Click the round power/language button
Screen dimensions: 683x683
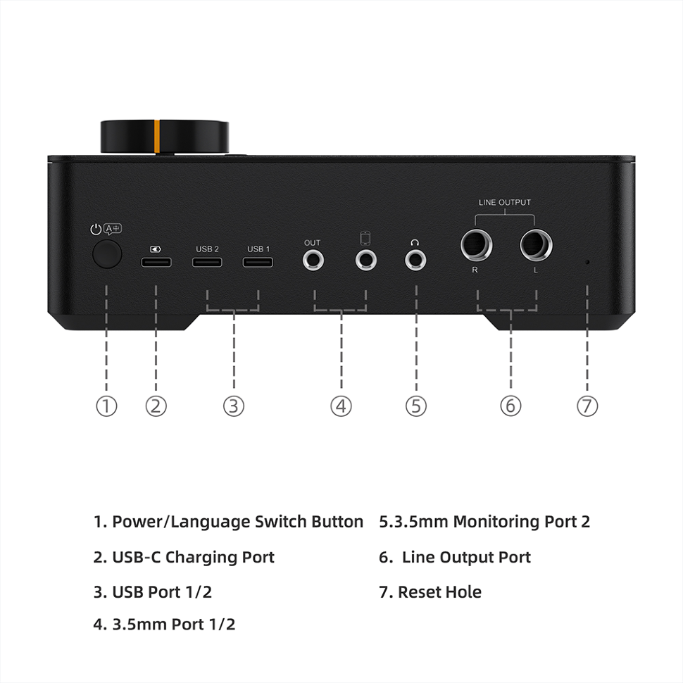(107, 254)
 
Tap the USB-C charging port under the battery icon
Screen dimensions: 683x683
(156, 262)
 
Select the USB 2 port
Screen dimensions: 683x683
(207, 262)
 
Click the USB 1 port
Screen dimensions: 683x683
(258, 262)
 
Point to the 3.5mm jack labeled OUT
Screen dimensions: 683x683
(313, 261)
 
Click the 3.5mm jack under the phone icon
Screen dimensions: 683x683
(366, 260)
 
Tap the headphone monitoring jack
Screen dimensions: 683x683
(415, 261)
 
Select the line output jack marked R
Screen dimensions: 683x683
(477, 245)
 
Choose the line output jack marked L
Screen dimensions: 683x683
(537, 245)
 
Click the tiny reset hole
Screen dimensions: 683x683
(587, 262)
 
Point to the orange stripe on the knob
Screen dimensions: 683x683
(157, 137)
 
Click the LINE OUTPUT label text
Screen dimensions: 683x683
(505, 203)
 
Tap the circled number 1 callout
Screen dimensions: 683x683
(106, 406)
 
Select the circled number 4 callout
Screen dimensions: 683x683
(341, 406)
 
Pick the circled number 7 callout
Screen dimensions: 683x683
(587, 406)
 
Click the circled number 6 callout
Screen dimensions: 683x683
(510, 406)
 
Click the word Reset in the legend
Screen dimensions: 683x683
(417, 592)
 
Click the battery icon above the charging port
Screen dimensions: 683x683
(156, 249)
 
